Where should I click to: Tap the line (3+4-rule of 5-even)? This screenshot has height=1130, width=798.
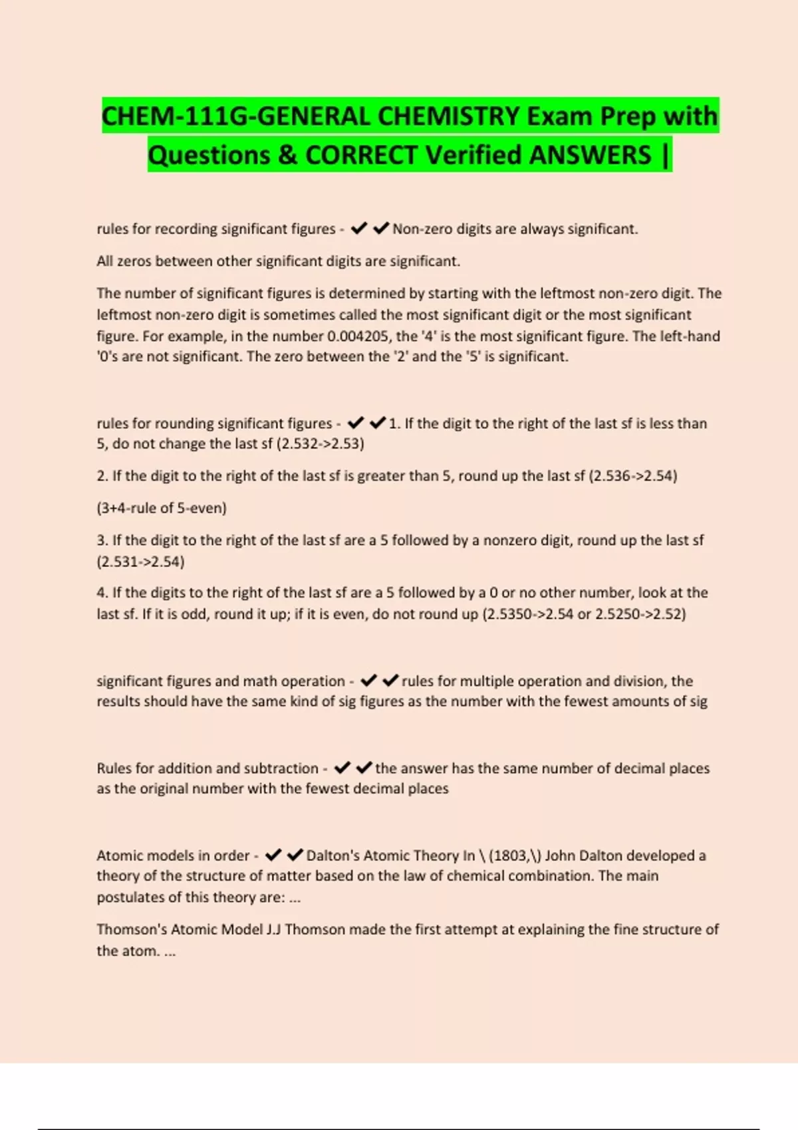pyautogui.click(x=162, y=508)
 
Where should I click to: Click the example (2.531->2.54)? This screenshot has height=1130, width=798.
pyautogui.click(x=140, y=562)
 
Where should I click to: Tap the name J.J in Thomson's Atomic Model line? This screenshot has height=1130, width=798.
pyautogui.click(x=273, y=929)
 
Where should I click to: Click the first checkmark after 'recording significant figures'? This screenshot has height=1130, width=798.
pyautogui.click(x=359, y=229)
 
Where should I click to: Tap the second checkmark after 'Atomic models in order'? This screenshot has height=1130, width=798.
pyautogui.click(x=295, y=855)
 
